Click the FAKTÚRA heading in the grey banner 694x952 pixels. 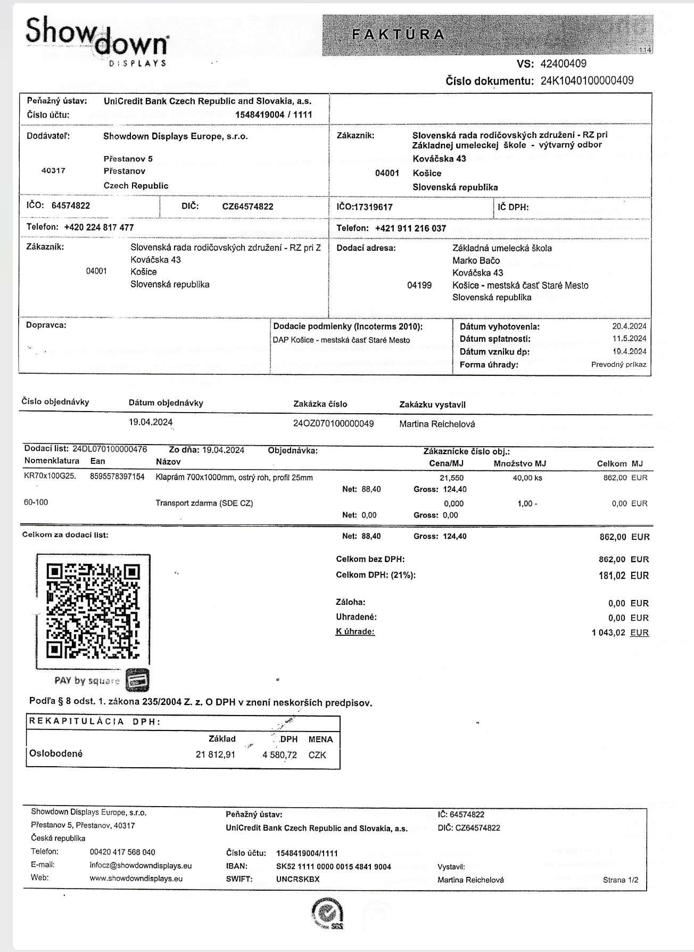398,35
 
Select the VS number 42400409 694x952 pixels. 563,64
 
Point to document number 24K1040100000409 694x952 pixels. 586,81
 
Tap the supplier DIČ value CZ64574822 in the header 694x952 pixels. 247,207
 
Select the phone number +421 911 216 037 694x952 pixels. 410,228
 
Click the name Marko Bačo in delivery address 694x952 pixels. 476,260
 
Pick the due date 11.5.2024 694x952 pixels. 629,339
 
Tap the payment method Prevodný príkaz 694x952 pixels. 618,365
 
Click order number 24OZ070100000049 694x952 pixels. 333,424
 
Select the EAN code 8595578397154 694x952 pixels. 117,477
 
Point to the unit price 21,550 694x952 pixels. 451,478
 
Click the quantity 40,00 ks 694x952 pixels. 527,478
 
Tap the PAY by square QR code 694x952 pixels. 93,611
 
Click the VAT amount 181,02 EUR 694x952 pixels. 623,576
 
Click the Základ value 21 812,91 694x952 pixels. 215,755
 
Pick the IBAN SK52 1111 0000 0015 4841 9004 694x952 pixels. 333,867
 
